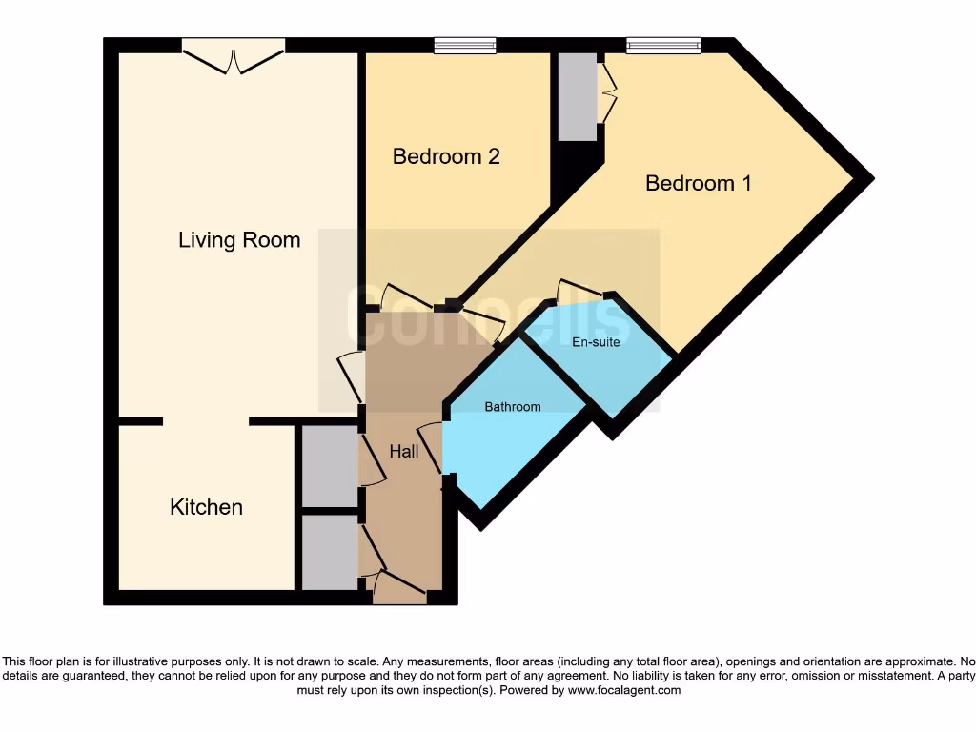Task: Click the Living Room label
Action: click(239, 240)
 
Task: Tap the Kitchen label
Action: click(206, 507)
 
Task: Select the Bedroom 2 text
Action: click(446, 156)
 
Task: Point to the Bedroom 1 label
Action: click(698, 183)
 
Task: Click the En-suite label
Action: click(596, 341)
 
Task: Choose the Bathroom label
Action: click(512, 407)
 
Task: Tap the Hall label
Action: click(403, 452)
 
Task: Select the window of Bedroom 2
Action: click(464, 45)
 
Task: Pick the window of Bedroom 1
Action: click(662, 45)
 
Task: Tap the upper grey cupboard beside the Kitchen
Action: click(328, 466)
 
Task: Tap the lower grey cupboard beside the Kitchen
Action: click(328, 552)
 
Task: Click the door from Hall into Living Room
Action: click(351, 377)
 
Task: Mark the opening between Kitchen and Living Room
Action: click(206, 420)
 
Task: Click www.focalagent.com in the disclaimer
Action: click(624, 690)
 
